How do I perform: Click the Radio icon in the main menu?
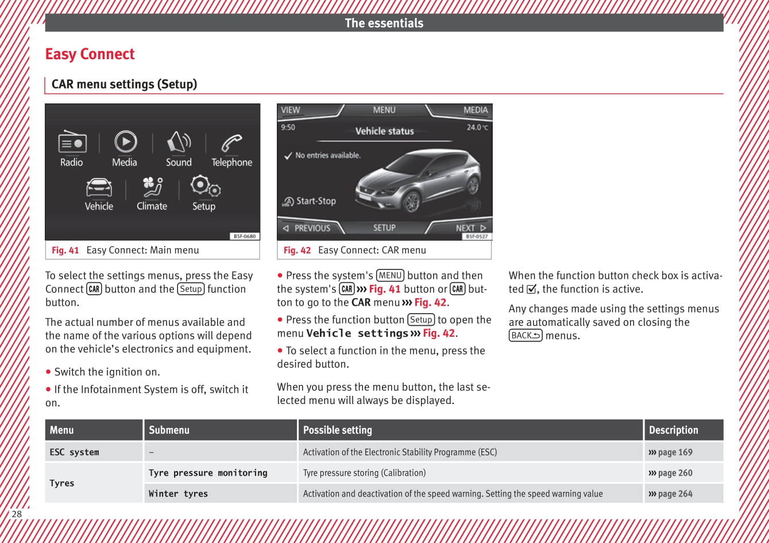pos(72,142)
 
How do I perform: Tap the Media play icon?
pos(125,141)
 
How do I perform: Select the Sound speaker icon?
pos(179,142)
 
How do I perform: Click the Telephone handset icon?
pos(231,142)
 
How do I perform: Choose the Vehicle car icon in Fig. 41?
pos(99,187)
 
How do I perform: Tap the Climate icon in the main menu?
pos(152,187)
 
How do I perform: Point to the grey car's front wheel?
pos(411,201)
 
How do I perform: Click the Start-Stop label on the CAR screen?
pos(315,201)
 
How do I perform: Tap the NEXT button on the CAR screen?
pos(470,228)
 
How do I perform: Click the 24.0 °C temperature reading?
pos(477,128)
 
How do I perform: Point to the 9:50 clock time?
pos(288,128)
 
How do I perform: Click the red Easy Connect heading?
pos(90,54)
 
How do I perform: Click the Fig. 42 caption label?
pos(297,251)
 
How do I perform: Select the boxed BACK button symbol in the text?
pos(525,336)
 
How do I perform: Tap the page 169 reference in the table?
pos(670,452)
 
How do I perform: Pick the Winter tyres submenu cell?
pos(178,494)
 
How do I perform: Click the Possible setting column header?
pos(338,430)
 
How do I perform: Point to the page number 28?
pos(17,514)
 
